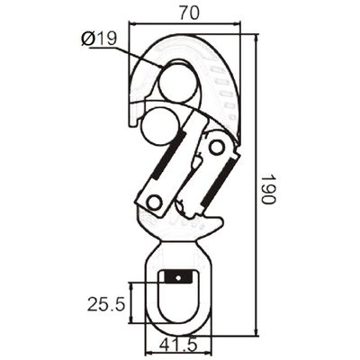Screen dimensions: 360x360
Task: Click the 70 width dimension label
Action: [189, 13]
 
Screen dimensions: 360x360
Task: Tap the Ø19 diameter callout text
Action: [99, 39]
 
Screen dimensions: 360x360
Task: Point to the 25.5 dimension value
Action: [106, 305]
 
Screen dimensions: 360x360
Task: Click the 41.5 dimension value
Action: [178, 345]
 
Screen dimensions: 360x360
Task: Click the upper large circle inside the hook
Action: [179, 83]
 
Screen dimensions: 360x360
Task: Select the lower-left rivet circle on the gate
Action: [155, 202]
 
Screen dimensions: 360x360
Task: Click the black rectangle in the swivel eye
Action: [178, 277]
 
